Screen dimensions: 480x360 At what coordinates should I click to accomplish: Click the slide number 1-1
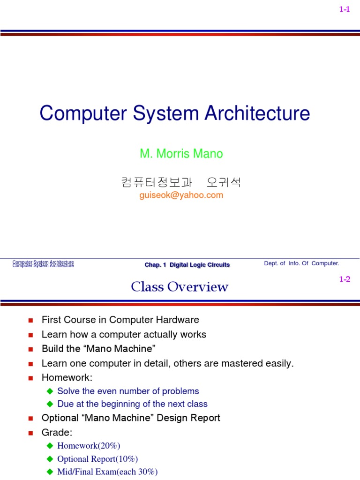[x=345, y=10]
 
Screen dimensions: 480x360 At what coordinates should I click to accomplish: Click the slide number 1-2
[x=345, y=279]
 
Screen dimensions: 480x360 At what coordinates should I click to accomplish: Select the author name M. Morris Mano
[x=181, y=154]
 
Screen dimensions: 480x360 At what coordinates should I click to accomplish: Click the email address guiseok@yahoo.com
[x=181, y=195]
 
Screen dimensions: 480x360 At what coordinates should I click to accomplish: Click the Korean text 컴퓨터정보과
[x=151, y=182]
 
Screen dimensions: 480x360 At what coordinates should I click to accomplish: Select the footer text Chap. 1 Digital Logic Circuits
[x=187, y=265]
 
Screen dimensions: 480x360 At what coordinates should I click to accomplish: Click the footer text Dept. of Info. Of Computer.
[x=301, y=263]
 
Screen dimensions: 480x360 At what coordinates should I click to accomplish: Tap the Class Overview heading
[x=180, y=287]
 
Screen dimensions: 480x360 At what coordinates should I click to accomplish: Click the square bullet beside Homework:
[x=30, y=378]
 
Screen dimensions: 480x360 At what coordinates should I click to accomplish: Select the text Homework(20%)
[x=89, y=446]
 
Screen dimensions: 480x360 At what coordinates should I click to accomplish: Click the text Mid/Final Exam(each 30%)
[x=107, y=472]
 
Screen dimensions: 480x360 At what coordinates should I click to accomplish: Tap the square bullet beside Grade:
[x=30, y=433]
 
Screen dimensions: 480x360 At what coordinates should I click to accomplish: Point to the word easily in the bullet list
[x=279, y=363]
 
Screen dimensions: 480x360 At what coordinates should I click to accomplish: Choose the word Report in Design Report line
[x=204, y=418]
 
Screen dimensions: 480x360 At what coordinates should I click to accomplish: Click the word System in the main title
[x=164, y=114]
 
